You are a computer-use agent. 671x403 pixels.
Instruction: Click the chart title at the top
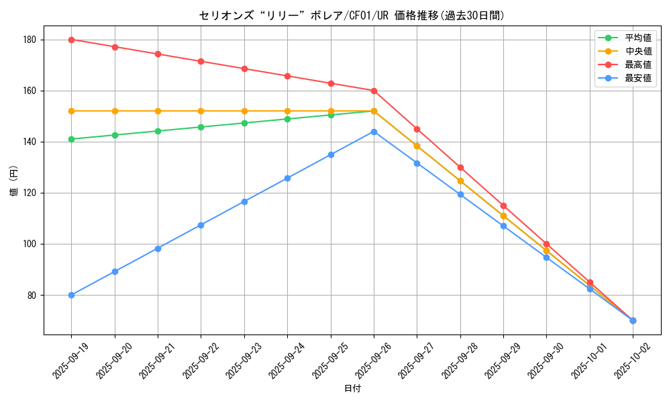tap(352, 15)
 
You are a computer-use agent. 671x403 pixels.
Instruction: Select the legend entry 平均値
tap(638, 38)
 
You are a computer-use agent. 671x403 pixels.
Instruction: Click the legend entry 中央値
tap(638, 52)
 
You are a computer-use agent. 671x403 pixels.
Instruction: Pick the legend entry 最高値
tap(638, 65)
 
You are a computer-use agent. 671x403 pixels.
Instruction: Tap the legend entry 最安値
tap(638, 79)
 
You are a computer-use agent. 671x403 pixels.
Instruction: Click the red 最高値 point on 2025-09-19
tap(71, 40)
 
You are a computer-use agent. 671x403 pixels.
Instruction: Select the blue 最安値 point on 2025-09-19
tap(71, 295)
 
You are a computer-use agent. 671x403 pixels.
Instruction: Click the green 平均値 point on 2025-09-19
tap(71, 139)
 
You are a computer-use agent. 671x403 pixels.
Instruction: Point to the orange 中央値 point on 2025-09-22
tap(201, 111)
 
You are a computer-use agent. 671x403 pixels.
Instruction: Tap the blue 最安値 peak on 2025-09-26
tap(374, 132)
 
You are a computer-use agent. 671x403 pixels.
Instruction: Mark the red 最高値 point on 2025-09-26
tap(374, 91)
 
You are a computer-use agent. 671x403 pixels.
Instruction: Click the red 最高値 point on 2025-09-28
tap(460, 167)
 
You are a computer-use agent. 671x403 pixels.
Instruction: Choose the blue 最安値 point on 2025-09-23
tap(244, 201)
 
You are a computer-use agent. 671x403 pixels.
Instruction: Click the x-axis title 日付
tap(352, 389)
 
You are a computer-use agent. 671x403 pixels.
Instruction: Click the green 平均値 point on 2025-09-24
tap(287, 119)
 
